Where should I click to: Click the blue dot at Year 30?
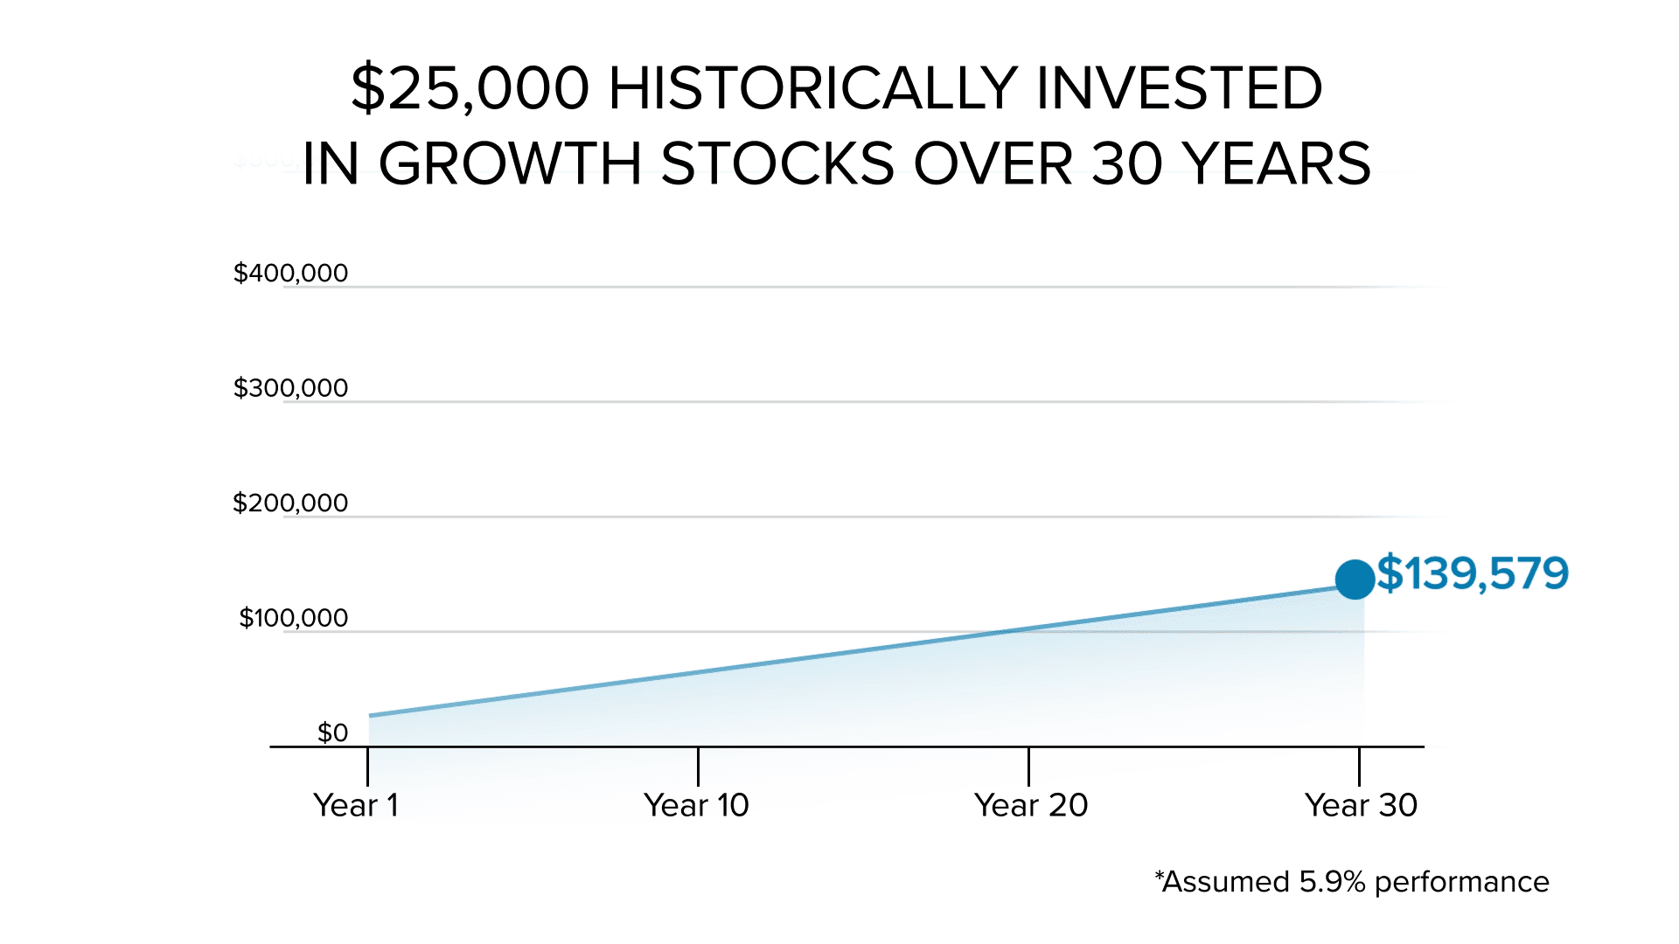(x=1355, y=580)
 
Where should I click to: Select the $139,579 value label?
(x=1473, y=574)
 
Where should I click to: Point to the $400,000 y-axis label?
(x=290, y=274)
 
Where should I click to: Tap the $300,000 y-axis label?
(x=290, y=388)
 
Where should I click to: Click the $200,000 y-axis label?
(x=290, y=503)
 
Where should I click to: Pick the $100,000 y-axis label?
(x=294, y=618)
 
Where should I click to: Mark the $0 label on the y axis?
(x=332, y=732)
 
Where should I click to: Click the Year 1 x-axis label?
(x=356, y=805)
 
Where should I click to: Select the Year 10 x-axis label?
(x=696, y=805)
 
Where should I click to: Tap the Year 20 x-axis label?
(x=1031, y=805)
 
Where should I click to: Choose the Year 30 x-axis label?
(x=1361, y=805)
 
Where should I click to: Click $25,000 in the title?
(x=470, y=88)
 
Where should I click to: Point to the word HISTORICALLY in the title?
(x=812, y=88)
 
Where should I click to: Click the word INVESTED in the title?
(x=1179, y=88)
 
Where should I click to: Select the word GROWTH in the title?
(x=510, y=164)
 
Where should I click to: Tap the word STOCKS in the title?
(x=777, y=164)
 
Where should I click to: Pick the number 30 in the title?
(x=1128, y=164)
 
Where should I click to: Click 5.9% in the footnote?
(x=1332, y=882)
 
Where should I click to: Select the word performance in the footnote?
(x=1461, y=883)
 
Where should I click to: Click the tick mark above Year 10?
(x=698, y=767)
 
